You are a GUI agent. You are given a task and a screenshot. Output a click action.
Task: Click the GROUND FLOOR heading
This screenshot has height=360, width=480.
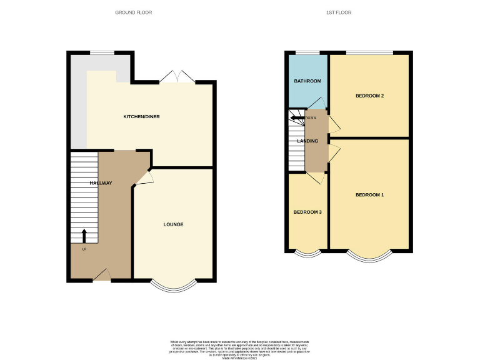[x=134, y=12]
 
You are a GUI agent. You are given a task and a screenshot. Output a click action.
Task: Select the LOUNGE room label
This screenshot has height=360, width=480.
[x=173, y=224]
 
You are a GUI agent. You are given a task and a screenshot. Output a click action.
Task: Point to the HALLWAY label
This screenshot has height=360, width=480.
[x=101, y=183]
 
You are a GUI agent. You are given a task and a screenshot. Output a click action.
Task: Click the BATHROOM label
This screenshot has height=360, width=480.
[x=307, y=81]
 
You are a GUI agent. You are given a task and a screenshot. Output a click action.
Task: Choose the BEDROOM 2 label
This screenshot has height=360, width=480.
[x=369, y=96]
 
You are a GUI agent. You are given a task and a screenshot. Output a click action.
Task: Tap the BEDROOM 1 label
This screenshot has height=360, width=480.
[x=369, y=195]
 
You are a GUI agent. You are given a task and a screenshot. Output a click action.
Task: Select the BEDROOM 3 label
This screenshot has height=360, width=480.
[x=307, y=212]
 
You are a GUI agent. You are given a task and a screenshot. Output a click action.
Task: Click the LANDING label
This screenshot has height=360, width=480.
[x=308, y=141]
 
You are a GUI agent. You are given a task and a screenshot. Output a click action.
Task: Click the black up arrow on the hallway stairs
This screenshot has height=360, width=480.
[x=85, y=236]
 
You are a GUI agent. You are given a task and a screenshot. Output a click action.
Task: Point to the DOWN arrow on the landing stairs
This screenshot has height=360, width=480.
[x=297, y=117]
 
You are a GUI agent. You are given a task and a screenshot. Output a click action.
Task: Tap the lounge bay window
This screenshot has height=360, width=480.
[x=173, y=286]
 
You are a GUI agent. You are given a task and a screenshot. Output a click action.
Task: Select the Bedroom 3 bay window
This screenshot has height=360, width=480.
[x=307, y=254]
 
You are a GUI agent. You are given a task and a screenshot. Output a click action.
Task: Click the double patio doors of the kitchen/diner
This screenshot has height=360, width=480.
[x=177, y=77]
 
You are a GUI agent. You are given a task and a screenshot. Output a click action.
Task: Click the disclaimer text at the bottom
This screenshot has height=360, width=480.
[x=240, y=349]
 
